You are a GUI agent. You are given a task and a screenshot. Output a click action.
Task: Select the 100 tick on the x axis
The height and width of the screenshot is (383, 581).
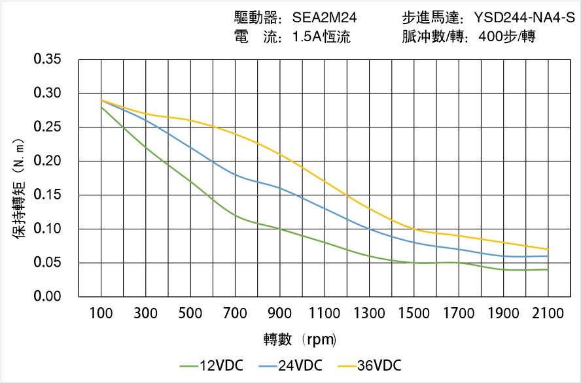point(101,314)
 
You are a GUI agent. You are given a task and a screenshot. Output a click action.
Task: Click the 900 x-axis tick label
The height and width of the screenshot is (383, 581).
point(280,314)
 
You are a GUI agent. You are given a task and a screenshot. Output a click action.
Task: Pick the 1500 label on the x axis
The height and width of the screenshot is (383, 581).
point(414,314)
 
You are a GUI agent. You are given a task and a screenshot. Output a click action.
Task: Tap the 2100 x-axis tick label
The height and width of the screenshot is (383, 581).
point(548,314)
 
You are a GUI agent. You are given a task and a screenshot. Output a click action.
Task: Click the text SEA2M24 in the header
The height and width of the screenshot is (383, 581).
point(325,18)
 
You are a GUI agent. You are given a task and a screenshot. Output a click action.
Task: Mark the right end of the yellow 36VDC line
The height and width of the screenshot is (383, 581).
point(548,249)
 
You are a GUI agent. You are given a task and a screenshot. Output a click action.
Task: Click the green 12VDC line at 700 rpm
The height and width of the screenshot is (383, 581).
point(236,215)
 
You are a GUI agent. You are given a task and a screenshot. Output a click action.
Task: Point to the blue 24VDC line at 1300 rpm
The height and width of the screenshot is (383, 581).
point(370,229)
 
